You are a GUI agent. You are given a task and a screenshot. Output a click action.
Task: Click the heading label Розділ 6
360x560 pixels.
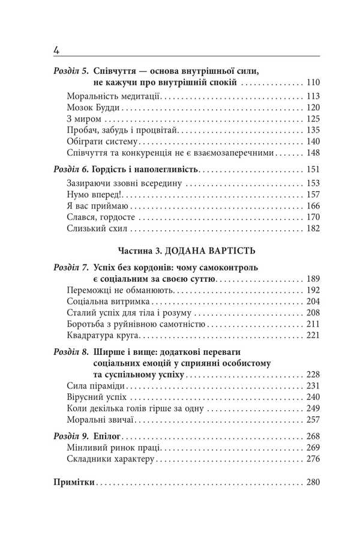71,170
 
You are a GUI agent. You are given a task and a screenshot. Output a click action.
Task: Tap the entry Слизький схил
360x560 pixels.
96,229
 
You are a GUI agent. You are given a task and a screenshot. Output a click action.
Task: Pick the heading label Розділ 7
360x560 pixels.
71,267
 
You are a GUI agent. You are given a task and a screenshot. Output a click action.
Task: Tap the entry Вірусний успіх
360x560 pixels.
95,398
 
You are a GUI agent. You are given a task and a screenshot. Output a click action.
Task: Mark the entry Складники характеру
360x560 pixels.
109,459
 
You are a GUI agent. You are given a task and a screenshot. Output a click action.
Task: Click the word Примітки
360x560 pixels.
74,482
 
